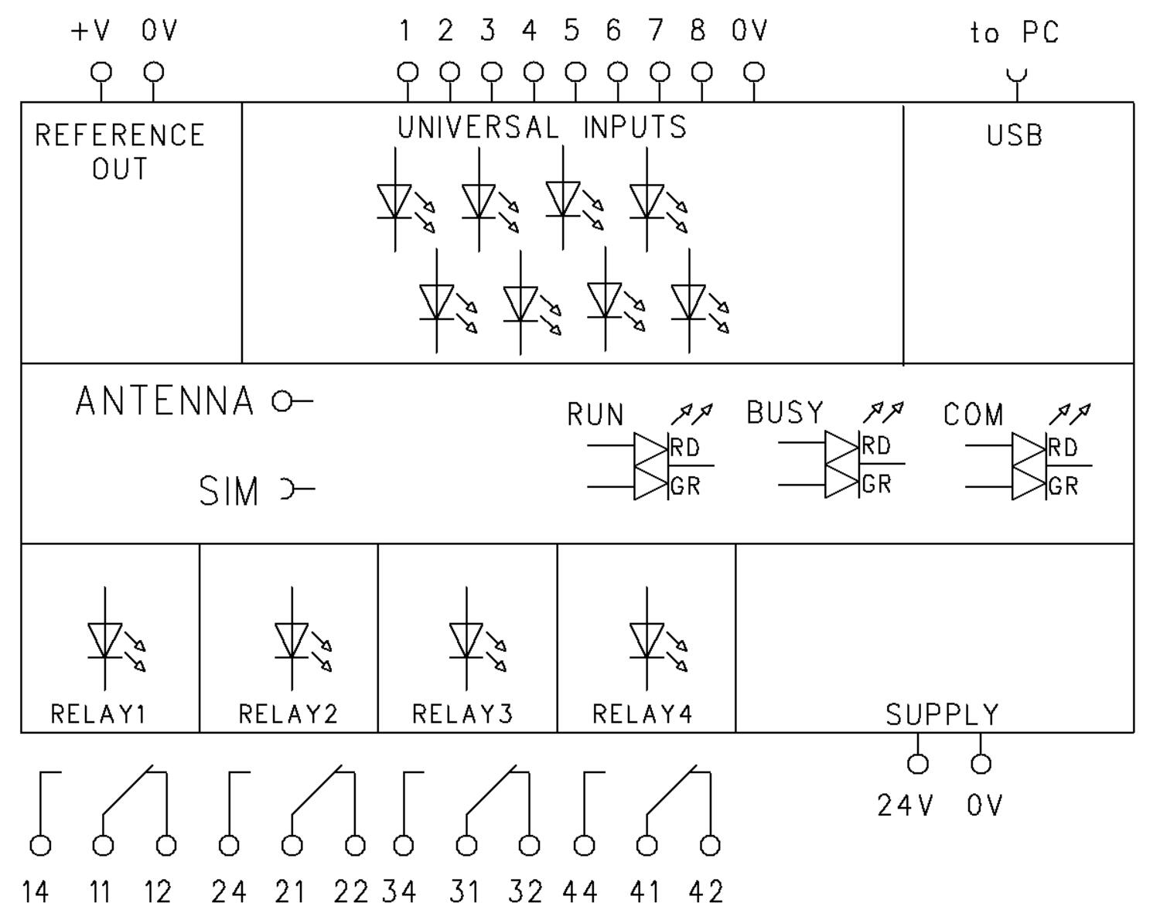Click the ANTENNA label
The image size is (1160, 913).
click(165, 401)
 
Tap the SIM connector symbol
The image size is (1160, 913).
click(288, 489)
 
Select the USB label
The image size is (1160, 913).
click(1015, 136)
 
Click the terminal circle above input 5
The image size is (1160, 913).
click(575, 73)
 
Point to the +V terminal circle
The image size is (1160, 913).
click(101, 73)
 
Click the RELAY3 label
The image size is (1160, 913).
click(462, 714)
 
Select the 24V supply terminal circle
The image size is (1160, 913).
click(918, 765)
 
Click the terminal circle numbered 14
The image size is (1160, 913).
click(40, 846)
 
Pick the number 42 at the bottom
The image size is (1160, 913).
click(705, 893)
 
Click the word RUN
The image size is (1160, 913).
click(595, 415)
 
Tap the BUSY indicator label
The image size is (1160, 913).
click(785, 413)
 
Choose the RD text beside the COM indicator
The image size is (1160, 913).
click(1063, 448)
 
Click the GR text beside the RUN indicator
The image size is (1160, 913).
click(685, 487)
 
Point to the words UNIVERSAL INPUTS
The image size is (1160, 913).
click(542, 128)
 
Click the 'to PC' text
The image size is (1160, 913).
click(1015, 33)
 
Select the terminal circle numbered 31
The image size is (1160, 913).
click(466, 846)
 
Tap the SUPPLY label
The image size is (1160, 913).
click(942, 715)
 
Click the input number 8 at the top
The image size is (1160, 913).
click(698, 32)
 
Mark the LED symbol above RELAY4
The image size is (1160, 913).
click(649, 641)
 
